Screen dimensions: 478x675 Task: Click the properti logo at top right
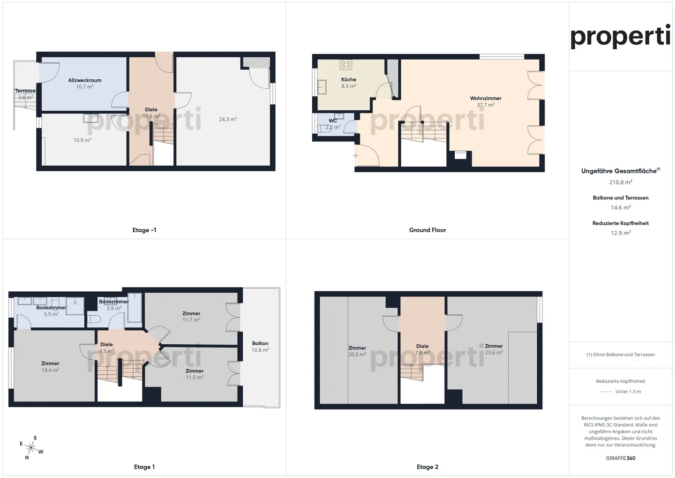pyautogui.click(x=620, y=37)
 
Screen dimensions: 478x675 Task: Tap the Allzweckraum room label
pyautogui.click(x=85, y=80)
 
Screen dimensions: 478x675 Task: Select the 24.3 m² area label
pyautogui.click(x=227, y=119)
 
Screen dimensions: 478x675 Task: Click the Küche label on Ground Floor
pyautogui.click(x=348, y=79)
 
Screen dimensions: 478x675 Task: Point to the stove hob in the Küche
pyautogui.click(x=346, y=65)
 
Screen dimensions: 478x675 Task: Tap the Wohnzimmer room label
pyautogui.click(x=486, y=99)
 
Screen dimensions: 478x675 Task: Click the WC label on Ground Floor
pyautogui.click(x=333, y=121)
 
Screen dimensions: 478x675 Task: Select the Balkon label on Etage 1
pyautogui.click(x=260, y=343)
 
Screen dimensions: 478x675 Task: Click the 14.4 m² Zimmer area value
pyautogui.click(x=50, y=370)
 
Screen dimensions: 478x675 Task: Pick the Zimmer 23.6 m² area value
pyautogui.click(x=494, y=352)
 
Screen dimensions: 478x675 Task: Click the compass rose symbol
pyautogui.click(x=31, y=448)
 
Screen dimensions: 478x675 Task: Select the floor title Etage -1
pyautogui.click(x=144, y=230)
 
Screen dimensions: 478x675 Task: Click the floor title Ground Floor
pyautogui.click(x=427, y=230)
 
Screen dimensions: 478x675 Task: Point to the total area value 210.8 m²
pyautogui.click(x=620, y=182)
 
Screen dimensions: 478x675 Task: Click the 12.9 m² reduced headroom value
pyautogui.click(x=620, y=233)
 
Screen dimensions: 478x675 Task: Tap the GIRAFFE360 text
pyautogui.click(x=620, y=458)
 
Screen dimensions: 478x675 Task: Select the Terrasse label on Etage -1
pyautogui.click(x=25, y=91)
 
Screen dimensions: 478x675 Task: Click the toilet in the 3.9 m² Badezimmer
pyautogui.click(x=94, y=319)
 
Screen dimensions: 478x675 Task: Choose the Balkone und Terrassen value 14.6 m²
pyautogui.click(x=620, y=207)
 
